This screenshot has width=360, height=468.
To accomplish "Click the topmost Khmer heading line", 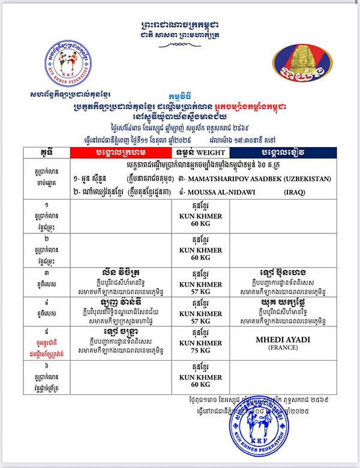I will point(179,25).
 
